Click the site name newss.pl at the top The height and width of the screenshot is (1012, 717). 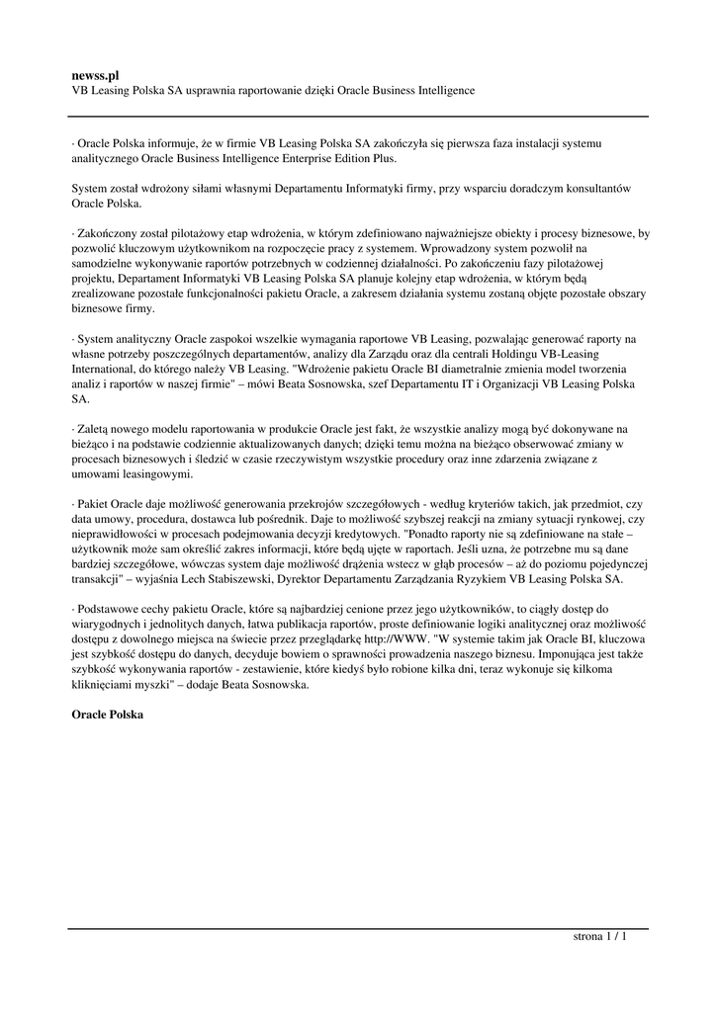(x=95, y=74)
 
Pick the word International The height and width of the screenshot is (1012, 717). (x=104, y=369)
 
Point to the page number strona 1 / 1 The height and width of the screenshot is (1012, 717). (x=600, y=937)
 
